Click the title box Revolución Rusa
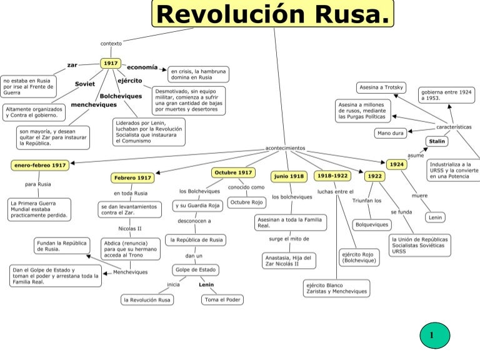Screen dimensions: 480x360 [x=272, y=14]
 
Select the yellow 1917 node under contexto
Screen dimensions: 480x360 [x=111, y=63]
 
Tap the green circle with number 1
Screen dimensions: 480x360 [x=435, y=336]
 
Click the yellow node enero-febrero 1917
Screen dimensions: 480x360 [x=40, y=165]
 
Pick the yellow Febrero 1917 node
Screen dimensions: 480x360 [x=132, y=178]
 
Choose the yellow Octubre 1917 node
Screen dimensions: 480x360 [x=233, y=172]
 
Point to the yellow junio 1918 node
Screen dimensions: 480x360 [x=289, y=176]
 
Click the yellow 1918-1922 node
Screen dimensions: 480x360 [x=332, y=176]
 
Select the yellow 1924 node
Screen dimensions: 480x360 [x=397, y=164]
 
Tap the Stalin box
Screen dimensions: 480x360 [x=437, y=141]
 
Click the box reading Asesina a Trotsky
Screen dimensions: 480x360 [x=381, y=87]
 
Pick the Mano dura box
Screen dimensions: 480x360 [x=390, y=133]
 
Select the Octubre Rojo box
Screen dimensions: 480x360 [x=246, y=202]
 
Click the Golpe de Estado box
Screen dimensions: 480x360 [x=196, y=270]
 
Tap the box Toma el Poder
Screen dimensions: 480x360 [x=222, y=300]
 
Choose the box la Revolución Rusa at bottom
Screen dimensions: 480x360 [x=147, y=300]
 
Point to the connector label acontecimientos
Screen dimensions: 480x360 [x=285, y=148]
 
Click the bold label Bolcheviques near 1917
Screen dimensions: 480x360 [x=121, y=96]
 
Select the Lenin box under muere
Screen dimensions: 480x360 [x=435, y=217]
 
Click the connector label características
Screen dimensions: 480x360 [x=454, y=127]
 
